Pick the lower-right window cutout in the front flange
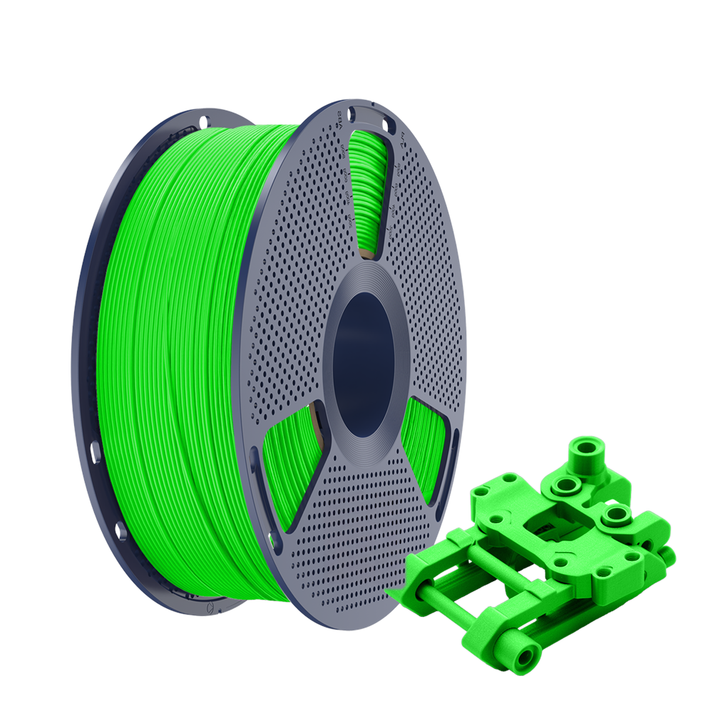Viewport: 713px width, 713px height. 428,449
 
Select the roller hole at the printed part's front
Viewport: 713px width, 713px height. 525,656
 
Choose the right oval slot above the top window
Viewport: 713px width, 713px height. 386,126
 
